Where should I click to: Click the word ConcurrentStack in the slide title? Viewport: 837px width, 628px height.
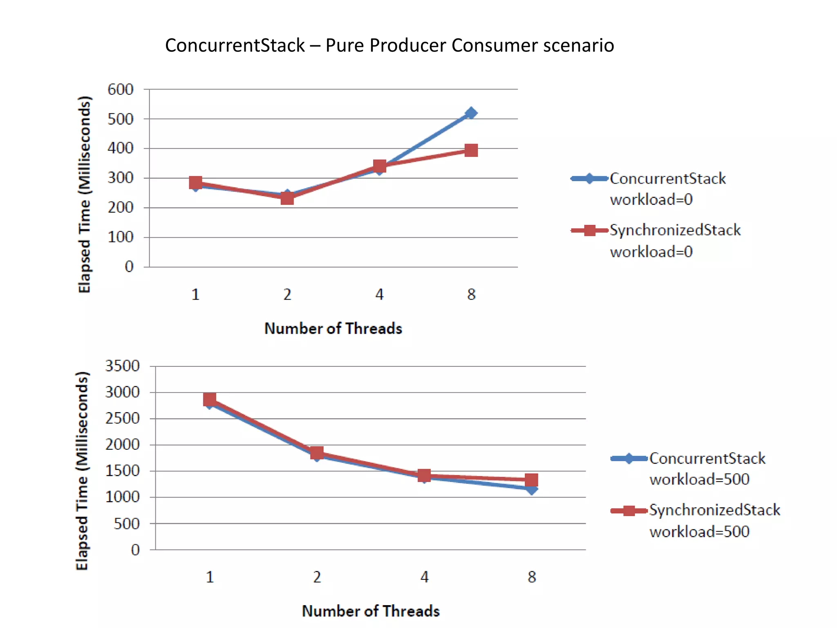pyautogui.click(x=235, y=45)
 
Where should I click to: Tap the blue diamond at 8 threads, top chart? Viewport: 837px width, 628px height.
pyautogui.click(x=471, y=113)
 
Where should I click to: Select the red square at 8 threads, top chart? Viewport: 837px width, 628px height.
pyautogui.click(x=471, y=150)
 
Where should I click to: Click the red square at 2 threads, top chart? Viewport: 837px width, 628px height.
pyautogui.click(x=287, y=198)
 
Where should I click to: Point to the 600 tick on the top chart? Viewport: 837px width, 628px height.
pyautogui.click(x=121, y=90)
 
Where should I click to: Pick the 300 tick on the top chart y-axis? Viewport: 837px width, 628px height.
pyautogui.click(x=121, y=178)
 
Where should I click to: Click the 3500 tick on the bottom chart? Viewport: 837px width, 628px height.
pyautogui.click(x=123, y=366)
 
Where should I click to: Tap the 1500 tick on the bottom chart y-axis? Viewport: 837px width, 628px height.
pyautogui.click(x=123, y=471)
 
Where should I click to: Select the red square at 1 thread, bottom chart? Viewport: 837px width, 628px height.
pyautogui.click(x=210, y=399)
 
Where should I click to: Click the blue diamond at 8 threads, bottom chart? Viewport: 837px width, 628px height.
pyautogui.click(x=531, y=489)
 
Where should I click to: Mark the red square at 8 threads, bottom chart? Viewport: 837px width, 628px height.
pyautogui.click(x=531, y=480)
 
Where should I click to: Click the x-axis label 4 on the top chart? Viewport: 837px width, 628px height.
pyautogui.click(x=379, y=294)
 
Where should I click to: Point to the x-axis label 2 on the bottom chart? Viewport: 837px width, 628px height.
pyautogui.click(x=317, y=577)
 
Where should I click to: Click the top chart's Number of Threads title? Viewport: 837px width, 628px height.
pyautogui.click(x=333, y=329)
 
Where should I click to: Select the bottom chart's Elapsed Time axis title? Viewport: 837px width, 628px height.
pyautogui.click(x=82, y=470)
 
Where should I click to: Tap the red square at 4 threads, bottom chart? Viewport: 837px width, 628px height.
pyautogui.click(x=424, y=475)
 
